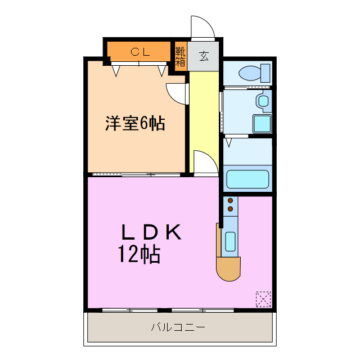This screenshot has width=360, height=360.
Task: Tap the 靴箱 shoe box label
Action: [180, 56]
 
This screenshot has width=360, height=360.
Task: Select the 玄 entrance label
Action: [203, 56]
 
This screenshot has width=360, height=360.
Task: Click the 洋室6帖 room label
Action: [136, 124]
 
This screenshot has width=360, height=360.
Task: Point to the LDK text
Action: [152, 232]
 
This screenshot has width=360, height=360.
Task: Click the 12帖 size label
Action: [139, 255]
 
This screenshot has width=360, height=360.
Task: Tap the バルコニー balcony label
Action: [178, 327]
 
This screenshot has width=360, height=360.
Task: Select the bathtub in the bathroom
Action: [247, 180]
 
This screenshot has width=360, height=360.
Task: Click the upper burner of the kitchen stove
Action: [230, 200]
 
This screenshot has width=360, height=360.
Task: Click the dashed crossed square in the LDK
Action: [263, 299]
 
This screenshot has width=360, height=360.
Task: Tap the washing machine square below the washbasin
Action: [262, 123]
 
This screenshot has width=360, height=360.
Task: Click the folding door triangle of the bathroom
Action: [228, 142]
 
